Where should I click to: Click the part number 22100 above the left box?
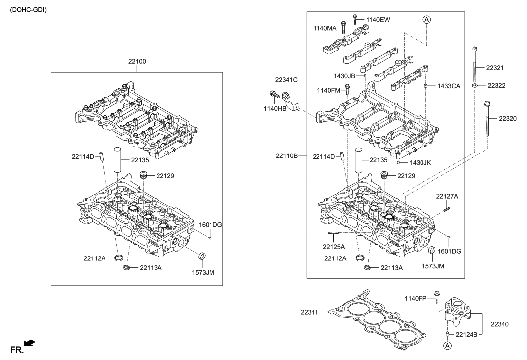137,62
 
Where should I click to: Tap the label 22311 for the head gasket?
311,312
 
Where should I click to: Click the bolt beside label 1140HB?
273,94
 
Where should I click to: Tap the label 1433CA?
448,86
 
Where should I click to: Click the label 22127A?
447,197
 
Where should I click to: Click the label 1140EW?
378,20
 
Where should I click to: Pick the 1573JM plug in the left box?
202,257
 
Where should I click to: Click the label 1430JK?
420,162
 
